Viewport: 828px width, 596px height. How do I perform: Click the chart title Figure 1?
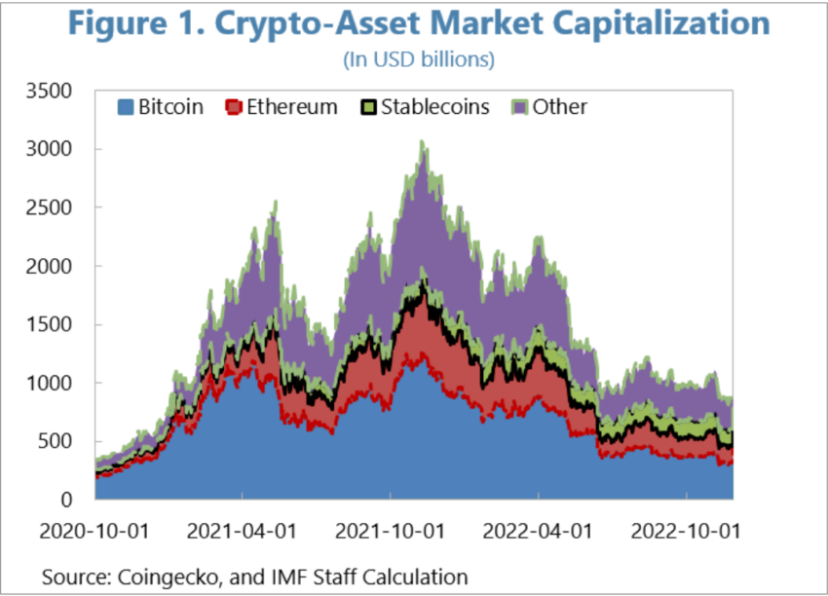point(415,23)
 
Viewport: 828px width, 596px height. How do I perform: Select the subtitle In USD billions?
point(419,59)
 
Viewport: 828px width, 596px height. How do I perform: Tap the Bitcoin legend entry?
point(160,106)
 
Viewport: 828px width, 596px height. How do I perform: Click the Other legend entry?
point(550,106)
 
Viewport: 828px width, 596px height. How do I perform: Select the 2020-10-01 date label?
point(94,533)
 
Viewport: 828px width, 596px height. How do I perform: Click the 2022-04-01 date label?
point(538,533)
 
